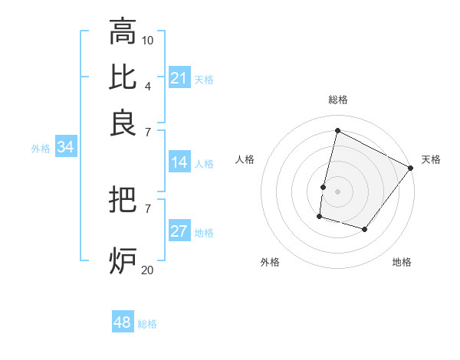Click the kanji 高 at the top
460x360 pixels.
[x=123, y=32]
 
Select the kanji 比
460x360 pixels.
[x=123, y=77]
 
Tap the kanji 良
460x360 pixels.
[x=123, y=123]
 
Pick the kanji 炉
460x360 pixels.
[x=123, y=260]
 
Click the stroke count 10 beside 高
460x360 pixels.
[x=148, y=39]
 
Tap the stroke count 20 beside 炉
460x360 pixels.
[x=148, y=269]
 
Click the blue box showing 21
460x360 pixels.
[x=179, y=78]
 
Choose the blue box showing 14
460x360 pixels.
[x=179, y=162]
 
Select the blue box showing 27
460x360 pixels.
[x=179, y=232]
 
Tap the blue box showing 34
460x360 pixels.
[x=65, y=148]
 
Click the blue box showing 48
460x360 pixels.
[x=122, y=322]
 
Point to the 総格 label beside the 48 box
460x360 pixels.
[x=147, y=324]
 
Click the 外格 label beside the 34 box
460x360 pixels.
[x=41, y=149]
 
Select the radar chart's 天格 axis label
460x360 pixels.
[x=431, y=159]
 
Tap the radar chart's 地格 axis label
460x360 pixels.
[x=402, y=262]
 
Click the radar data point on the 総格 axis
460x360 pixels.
[x=337, y=131]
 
